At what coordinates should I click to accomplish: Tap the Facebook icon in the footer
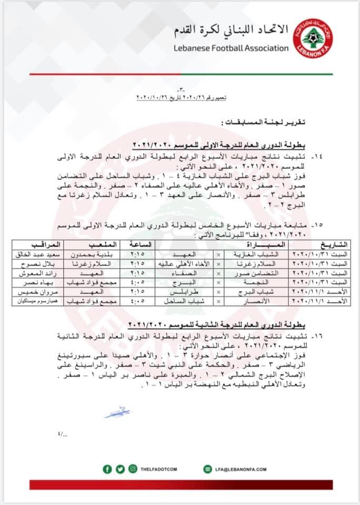pyautogui.click(x=107, y=469)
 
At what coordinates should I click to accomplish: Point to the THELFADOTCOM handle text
pyautogui.click(x=159, y=469)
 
